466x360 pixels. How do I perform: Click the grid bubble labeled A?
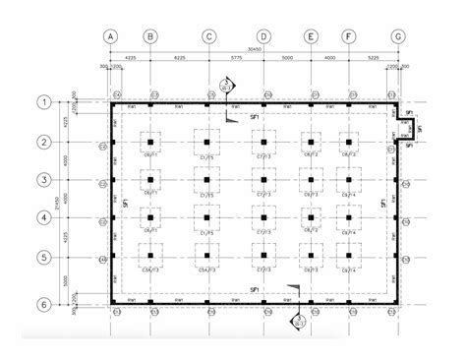click(x=111, y=37)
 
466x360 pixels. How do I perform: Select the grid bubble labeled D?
click(x=263, y=37)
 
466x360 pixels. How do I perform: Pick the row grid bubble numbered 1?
click(x=44, y=102)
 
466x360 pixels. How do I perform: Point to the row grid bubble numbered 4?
click(x=44, y=217)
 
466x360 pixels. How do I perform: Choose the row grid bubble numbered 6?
click(x=44, y=305)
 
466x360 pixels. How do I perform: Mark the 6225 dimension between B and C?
click(x=179, y=59)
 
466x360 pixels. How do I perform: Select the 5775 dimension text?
click(x=236, y=59)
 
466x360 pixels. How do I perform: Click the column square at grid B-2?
click(x=150, y=144)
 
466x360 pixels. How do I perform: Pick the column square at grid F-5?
click(x=347, y=258)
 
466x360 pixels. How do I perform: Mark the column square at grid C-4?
click(x=208, y=218)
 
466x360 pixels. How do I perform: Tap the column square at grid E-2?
click(x=311, y=144)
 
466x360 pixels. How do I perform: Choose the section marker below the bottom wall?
click(x=296, y=320)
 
